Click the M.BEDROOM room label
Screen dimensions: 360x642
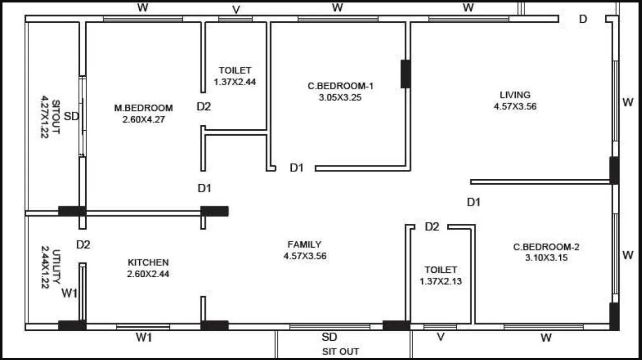[144, 108]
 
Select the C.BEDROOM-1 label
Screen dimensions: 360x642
[340, 86]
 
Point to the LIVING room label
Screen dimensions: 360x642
[515, 95]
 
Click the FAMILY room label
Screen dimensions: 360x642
[304, 244]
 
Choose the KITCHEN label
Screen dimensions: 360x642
[148, 262]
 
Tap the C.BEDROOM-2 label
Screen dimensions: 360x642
[546, 247]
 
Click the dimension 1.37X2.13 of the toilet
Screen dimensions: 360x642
[440, 281]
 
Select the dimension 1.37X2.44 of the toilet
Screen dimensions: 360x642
[235, 82]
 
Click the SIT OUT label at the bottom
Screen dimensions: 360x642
[340, 352]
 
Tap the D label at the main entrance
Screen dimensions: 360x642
[583, 19]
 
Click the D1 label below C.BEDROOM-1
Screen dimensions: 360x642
[296, 168]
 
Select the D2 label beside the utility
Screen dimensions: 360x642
[83, 245]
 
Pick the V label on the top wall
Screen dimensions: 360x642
[236, 10]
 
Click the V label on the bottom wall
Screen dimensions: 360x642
[440, 338]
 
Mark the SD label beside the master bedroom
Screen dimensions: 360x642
[72, 117]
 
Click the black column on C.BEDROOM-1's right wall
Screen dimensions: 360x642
[405, 74]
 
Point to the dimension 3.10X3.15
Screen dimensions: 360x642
[546, 258]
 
